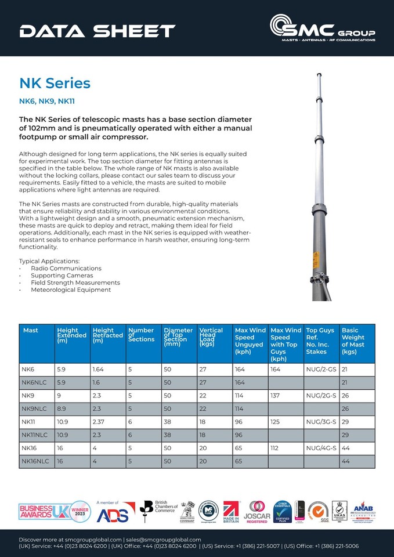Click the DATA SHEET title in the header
[97, 31]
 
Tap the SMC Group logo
[322, 28]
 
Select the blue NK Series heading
[55, 83]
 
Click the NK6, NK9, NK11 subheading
[47, 101]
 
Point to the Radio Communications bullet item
[66, 269]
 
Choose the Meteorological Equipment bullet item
[71, 290]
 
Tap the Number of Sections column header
[141, 335]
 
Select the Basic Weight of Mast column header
[353, 341]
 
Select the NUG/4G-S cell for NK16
[321, 449]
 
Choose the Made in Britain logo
[232, 511]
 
